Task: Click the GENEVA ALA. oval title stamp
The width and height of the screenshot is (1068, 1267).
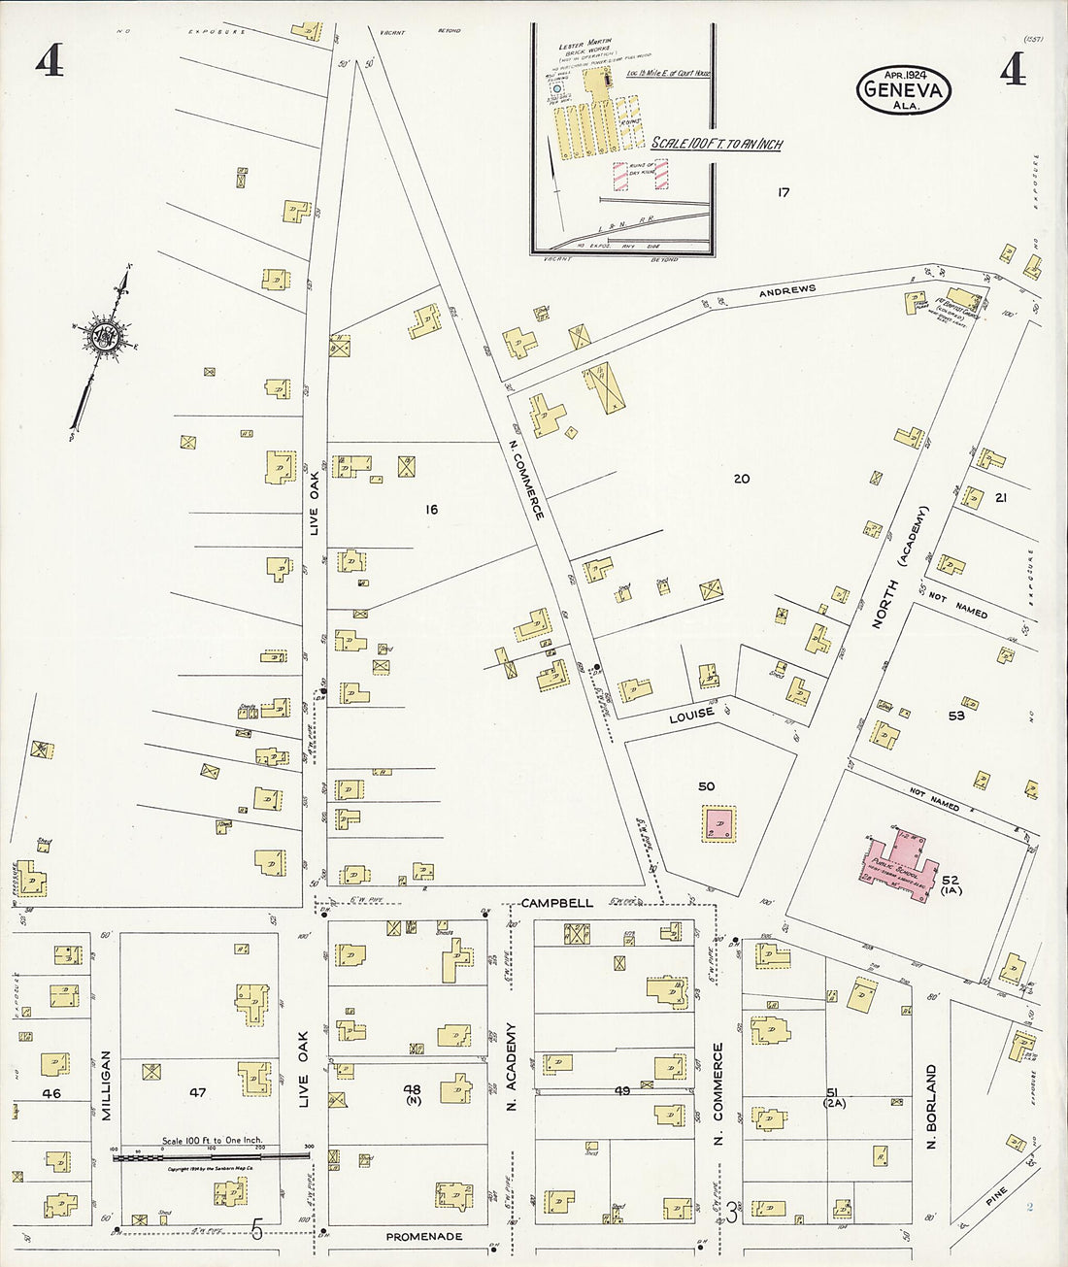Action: click(x=903, y=89)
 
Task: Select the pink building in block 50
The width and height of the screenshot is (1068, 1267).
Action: click(x=719, y=823)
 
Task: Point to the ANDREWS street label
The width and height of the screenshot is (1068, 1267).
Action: click(x=787, y=289)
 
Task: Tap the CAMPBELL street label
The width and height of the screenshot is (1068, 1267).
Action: click(x=556, y=903)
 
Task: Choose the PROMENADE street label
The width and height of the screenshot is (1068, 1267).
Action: click(x=424, y=1237)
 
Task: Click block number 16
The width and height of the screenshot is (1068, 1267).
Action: click(x=431, y=509)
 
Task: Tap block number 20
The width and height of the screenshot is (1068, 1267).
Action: click(x=742, y=479)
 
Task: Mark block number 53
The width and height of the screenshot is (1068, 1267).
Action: click(x=956, y=716)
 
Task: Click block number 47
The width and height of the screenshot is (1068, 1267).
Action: click(x=198, y=1092)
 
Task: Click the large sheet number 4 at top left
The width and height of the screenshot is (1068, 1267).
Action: click(x=50, y=62)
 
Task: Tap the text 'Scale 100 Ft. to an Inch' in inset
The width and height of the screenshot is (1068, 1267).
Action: click(x=717, y=144)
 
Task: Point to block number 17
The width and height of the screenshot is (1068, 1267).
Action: click(x=783, y=192)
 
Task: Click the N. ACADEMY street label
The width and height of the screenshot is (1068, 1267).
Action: click(x=512, y=1066)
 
